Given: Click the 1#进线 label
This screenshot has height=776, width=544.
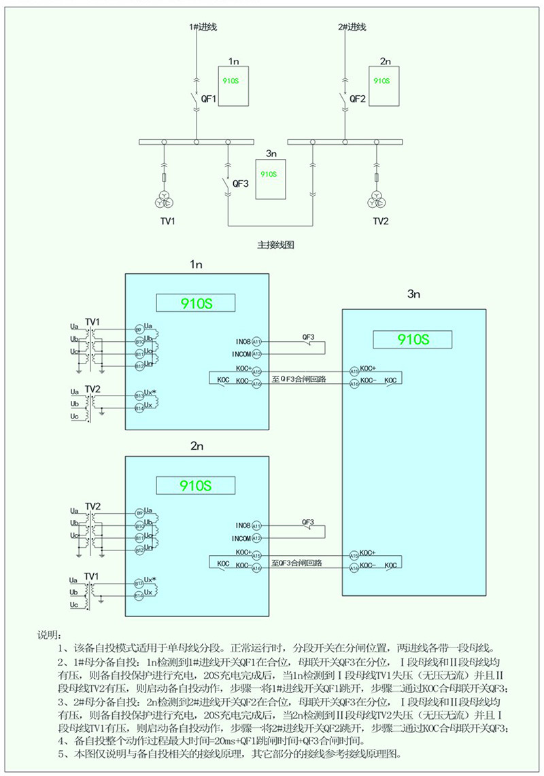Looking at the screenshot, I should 202,27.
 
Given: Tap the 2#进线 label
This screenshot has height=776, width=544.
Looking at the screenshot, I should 352,27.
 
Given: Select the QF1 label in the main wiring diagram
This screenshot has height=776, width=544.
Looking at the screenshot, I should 209,99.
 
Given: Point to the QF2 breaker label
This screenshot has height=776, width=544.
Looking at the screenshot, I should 358,99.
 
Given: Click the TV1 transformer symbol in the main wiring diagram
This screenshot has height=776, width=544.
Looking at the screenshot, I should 164,200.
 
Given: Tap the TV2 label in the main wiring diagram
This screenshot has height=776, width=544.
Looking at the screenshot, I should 381,222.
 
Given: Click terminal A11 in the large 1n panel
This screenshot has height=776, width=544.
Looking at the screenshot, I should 256,341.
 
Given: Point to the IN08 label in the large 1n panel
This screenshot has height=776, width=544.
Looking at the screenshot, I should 243,341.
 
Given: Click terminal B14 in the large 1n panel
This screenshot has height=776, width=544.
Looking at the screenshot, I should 139,408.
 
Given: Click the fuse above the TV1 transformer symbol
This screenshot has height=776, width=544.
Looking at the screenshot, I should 164,178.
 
